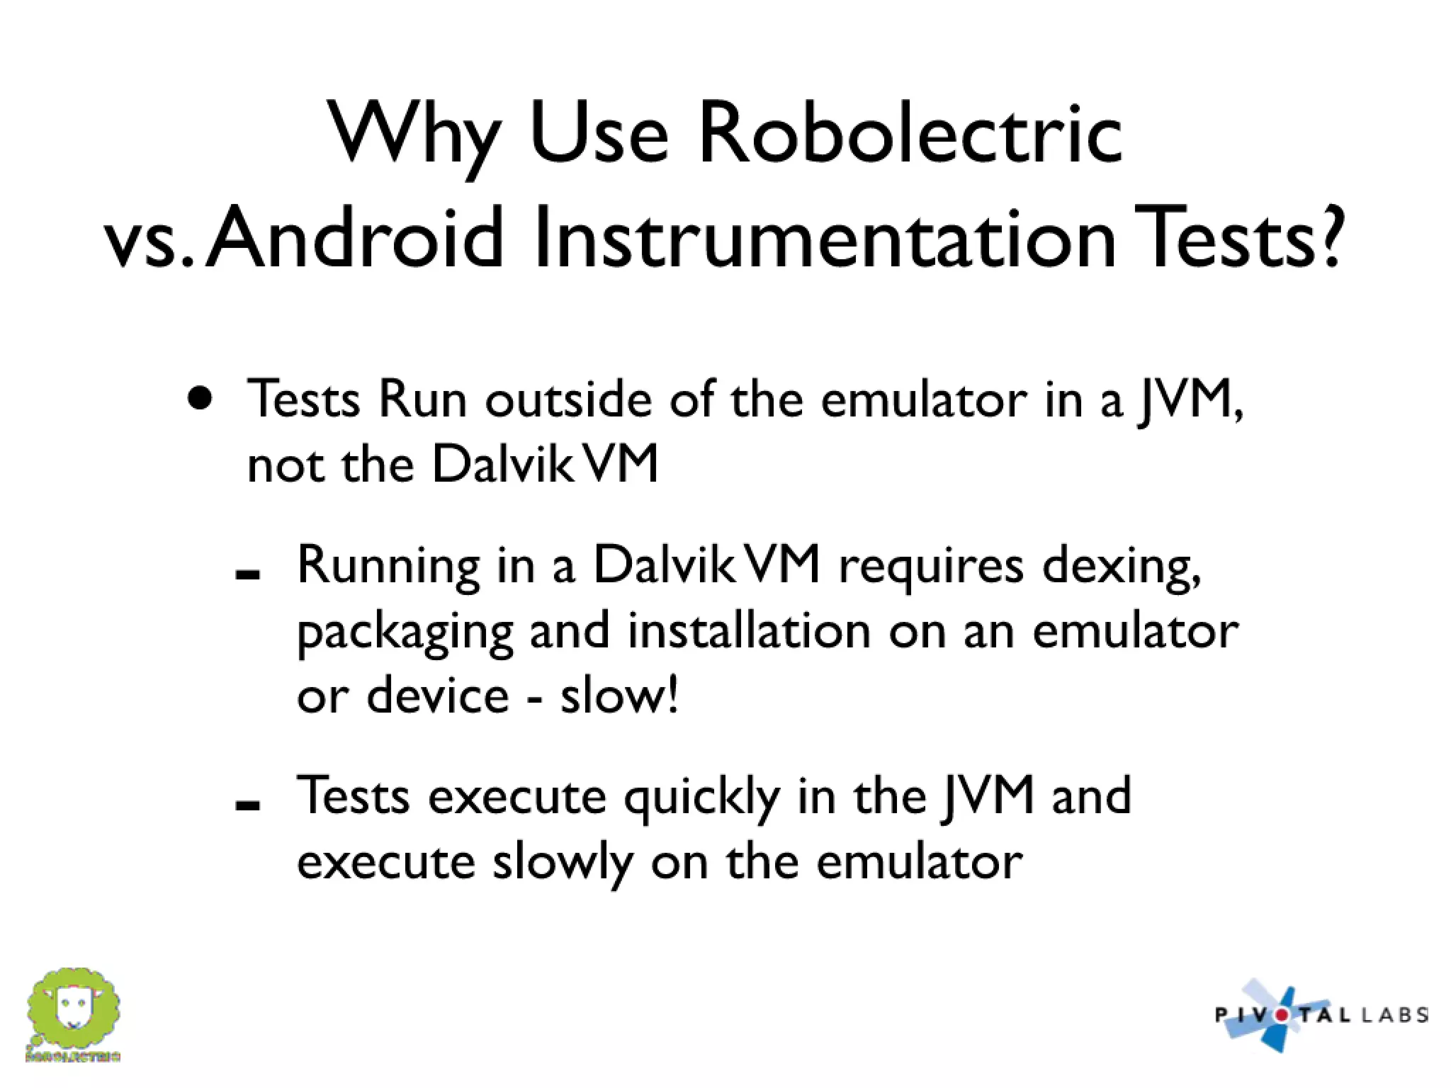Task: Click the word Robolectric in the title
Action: pos(910,135)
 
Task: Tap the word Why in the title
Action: pos(414,135)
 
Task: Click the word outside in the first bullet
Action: pos(568,399)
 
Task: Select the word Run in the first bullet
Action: pos(422,399)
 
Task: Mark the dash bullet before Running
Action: pos(247,575)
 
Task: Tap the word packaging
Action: pos(405,633)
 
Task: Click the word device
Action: pos(437,695)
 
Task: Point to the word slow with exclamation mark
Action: pos(619,695)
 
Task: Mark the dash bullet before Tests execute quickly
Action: pos(247,805)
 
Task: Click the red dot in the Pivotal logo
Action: pos(1281,1015)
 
